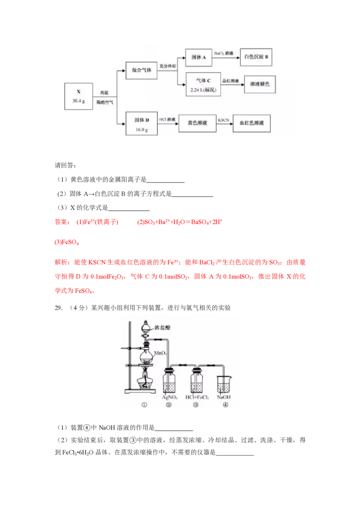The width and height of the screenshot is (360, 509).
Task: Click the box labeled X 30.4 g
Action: pos(79,96)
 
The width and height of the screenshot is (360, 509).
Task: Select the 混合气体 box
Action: pos(141,70)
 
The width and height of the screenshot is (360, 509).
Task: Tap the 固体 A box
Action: pos(198,58)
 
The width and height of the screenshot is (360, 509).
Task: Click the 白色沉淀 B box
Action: pos(256,57)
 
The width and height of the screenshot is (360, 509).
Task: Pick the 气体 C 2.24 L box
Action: pos(203,85)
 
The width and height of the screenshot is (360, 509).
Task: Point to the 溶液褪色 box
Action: pos(260,85)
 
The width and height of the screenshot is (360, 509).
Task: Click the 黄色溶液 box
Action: pos(197,123)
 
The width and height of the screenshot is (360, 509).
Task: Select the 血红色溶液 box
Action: pos(252,123)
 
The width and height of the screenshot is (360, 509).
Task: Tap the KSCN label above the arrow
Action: pos(224,120)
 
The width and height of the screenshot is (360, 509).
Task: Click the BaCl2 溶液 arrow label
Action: pos(224,53)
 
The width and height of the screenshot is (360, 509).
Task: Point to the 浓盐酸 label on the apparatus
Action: pos(162,327)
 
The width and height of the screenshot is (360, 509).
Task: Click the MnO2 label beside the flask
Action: pos(160,353)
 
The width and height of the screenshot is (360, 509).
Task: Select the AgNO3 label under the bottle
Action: pos(169,397)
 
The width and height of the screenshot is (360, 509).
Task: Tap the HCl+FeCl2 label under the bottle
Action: pos(197,397)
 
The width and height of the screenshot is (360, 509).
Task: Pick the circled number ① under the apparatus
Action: pos(144,405)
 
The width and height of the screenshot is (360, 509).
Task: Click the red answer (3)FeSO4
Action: pos(67,242)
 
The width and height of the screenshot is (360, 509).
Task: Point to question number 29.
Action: pos(58,308)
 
